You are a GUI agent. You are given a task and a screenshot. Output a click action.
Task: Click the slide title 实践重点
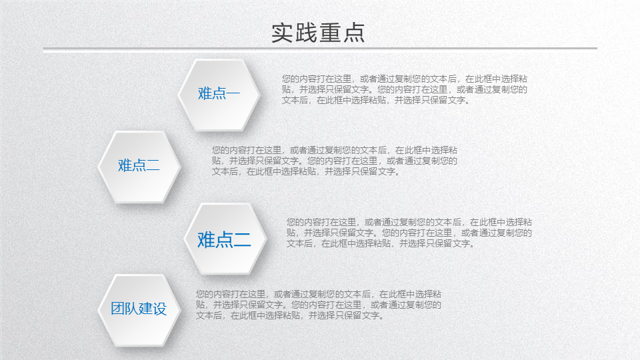tap(318, 33)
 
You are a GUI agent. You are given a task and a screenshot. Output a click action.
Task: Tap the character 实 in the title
tap(283, 33)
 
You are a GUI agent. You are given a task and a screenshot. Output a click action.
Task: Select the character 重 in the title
tap(330, 33)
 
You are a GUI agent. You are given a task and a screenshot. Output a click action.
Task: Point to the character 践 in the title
tap(306, 33)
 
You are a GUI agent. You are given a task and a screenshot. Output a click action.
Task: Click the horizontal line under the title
tap(320, 48)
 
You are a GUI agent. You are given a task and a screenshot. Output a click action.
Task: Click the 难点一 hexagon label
tap(219, 93)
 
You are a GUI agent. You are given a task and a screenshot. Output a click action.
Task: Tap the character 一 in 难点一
tap(233, 94)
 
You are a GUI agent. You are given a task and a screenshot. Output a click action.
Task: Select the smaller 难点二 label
tap(139, 165)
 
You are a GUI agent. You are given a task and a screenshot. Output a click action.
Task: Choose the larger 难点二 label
tap(224, 239)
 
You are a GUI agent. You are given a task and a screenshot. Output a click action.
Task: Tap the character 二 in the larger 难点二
tap(243, 240)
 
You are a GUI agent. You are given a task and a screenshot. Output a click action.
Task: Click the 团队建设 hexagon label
tap(139, 309)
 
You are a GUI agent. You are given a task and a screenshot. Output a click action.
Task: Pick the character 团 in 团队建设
tap(117, 309)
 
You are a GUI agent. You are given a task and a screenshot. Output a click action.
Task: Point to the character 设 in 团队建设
tap(160, 309)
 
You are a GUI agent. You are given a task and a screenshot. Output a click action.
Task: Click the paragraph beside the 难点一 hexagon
tap(405, 89)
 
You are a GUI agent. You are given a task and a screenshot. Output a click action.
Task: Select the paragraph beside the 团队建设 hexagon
tap(319, 305)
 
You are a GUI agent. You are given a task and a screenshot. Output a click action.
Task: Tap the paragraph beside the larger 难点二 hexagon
tap(409, 233)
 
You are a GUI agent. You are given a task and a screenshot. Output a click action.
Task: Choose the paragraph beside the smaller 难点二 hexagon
tap(334, 161)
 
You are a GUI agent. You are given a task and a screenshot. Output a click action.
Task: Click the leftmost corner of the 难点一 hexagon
tap(178, 94)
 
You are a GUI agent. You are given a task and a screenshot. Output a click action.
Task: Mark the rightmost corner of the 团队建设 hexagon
tap(181, 310)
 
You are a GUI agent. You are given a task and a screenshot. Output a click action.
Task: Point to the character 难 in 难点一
tap(205, 93)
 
